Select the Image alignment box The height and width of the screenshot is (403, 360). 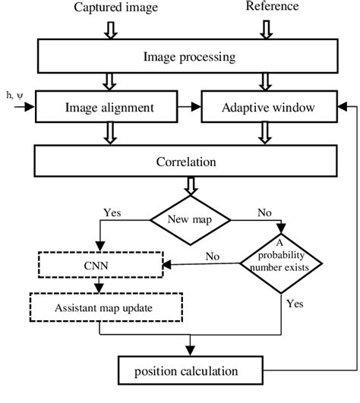pos(109,108)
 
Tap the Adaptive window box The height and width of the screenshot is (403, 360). pos(263,108)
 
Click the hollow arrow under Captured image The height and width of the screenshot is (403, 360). pos(112,28)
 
